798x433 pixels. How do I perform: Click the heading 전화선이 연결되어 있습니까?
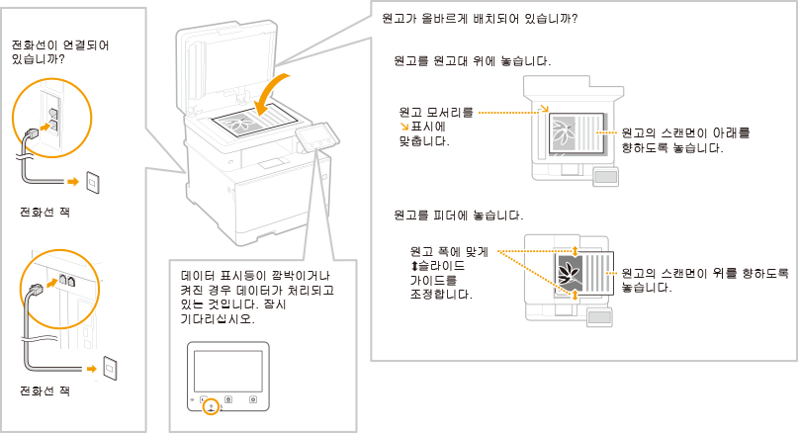[58, 52]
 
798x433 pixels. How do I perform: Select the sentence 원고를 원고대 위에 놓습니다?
[471, 61]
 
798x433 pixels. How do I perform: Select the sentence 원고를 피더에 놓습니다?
[457, 215]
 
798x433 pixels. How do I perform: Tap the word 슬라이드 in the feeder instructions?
[441, 267]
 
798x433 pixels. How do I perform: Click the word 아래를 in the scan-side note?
[732, 132]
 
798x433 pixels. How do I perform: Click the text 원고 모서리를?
[435, 112]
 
